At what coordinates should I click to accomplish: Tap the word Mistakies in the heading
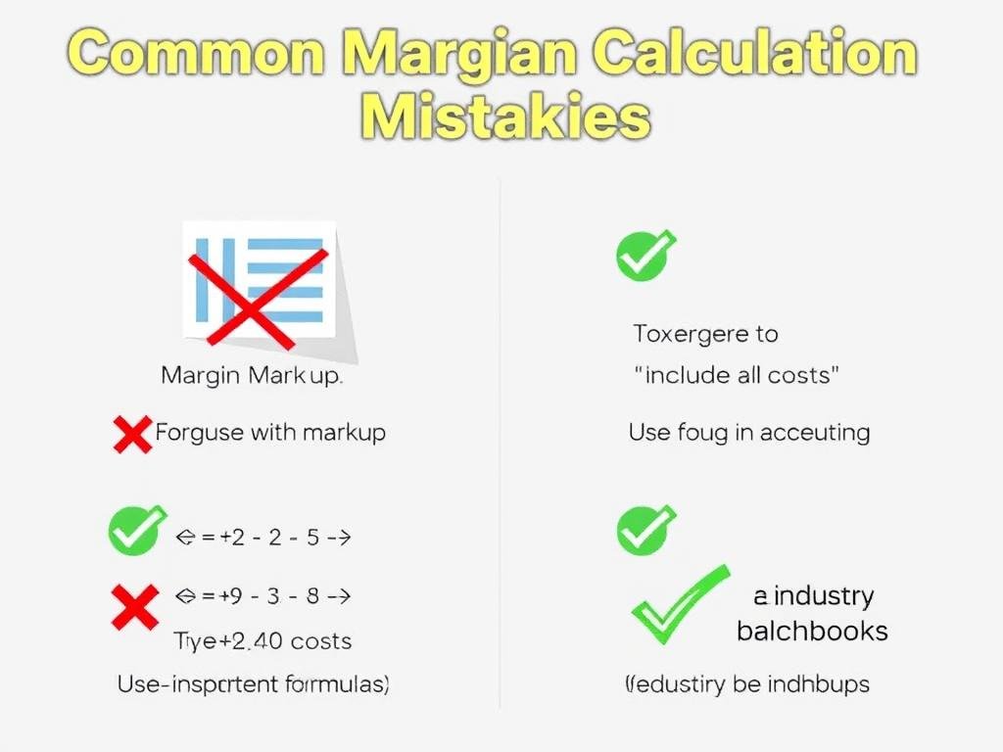coord(503,119)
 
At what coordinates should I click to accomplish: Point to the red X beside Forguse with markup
coord(133,433)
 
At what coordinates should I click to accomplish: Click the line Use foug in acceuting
coord(748,432)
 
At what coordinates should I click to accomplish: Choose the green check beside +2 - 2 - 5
coord(135,532)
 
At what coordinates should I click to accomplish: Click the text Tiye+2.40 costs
coord(262,641)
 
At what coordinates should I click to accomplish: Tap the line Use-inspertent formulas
coord(253,684)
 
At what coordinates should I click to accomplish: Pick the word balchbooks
coord(812,631)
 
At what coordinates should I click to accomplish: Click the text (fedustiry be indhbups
coord(746,684)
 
